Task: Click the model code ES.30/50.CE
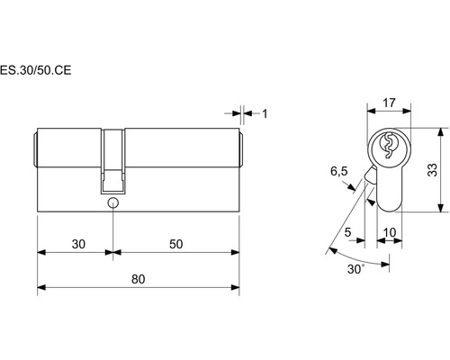[35, 70]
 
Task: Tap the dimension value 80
[139, 279]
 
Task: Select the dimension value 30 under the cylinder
[78, 244]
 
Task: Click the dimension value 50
[175, 244]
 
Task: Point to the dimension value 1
[265, 113]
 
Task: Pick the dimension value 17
[389, 103]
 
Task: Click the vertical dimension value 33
[432, 170]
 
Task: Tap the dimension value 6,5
[339, 171]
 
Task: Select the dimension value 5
[347, 232]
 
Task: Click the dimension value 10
[390, 232]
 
